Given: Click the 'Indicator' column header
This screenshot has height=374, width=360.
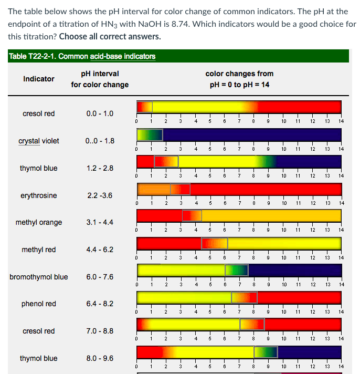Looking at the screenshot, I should point(39,79).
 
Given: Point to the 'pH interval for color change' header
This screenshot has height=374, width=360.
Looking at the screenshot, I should point(100,79).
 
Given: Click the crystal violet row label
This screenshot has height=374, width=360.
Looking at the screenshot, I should point(39,141).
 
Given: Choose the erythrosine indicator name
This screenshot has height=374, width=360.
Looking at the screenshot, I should point(39,195).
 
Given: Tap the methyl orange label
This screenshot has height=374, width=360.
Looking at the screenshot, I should point(39,222).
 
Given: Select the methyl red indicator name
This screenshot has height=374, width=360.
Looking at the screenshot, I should point(39,250).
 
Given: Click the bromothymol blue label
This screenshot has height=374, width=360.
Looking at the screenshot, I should point(39,277).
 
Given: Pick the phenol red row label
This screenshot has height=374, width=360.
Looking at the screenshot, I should point(39,304).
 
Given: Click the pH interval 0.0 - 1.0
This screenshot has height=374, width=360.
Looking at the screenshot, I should point(100,113).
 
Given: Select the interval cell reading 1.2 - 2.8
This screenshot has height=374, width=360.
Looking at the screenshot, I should point(100,168).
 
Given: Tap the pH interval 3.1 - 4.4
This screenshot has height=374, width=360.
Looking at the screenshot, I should point(100,222).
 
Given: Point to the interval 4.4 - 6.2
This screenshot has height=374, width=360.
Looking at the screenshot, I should point(100,250).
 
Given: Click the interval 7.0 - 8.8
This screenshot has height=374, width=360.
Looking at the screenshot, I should point(100,331).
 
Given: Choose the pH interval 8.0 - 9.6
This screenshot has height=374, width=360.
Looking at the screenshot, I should point(100,358).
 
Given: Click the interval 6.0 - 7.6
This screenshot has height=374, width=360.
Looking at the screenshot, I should point(100,277).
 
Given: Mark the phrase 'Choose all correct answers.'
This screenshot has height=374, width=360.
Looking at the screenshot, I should point(110,37).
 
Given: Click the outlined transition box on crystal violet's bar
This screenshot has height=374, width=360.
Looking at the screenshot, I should point(150,134).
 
